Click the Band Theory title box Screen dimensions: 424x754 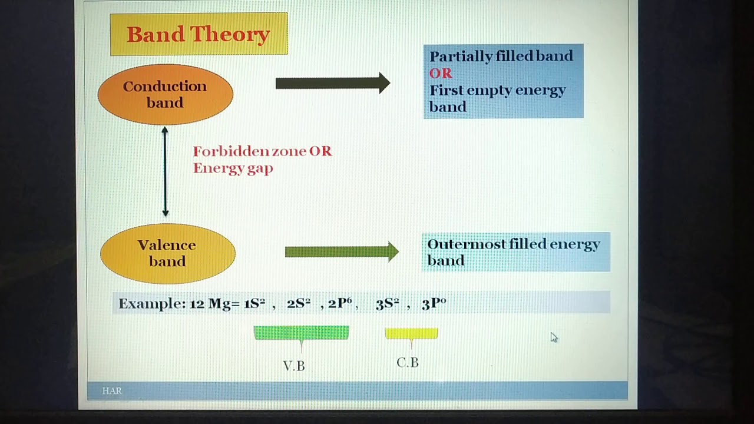pos(199,34)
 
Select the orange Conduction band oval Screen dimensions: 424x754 pos(165,94)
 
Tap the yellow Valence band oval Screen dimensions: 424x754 pos(167,253)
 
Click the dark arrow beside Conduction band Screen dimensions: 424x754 pos(332,83)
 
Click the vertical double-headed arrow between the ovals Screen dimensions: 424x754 pos(165,171)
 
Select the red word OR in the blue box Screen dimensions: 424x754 pos(441,73)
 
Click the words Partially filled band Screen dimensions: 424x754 pos(501,56)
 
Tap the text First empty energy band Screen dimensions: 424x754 pos(497,98)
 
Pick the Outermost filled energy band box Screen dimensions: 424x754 pos(515,252)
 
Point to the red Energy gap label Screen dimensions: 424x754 pos(233,168)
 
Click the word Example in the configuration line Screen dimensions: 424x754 pos(152,304)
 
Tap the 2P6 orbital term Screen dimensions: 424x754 pos(340,303)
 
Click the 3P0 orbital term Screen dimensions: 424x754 pos(434,303)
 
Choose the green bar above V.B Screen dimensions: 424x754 pos(301,333)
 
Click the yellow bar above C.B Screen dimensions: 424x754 pos(411,334)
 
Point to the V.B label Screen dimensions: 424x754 pos(294,366)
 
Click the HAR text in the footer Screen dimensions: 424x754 pos(112,390)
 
